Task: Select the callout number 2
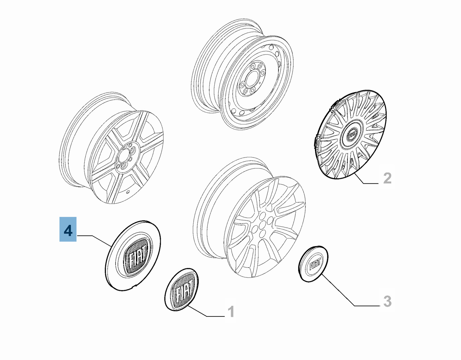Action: point(388,178)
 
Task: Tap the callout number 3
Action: point(387,301)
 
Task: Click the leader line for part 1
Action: point(205,311)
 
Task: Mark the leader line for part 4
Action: point(94,240)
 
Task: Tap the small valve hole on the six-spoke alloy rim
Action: point(128,192)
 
